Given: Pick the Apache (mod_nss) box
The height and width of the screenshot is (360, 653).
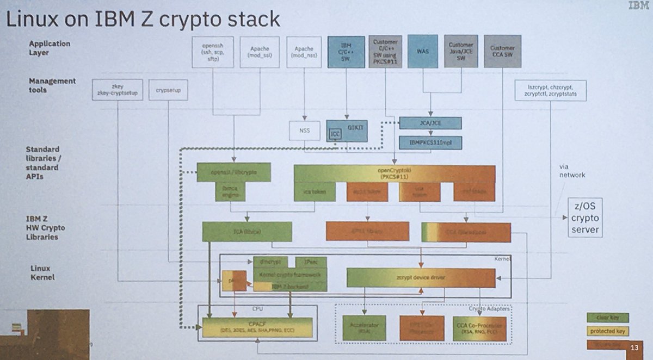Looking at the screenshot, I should (x=304, y=52).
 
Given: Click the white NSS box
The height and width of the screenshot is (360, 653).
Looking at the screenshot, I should (x=305, y=131).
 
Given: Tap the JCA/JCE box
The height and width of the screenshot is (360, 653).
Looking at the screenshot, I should (x=430, y=123).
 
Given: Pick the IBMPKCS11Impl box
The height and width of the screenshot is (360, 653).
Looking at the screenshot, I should (x=430, y=142).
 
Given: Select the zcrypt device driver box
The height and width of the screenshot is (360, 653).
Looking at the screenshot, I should (x=421, y=277).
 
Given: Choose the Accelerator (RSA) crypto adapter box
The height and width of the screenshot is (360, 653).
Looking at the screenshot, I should (x=365, y=328).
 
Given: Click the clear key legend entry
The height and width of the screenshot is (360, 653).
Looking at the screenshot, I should (x=607, y=318).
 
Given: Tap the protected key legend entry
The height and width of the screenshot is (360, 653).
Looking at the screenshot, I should (x=607, y=331).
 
